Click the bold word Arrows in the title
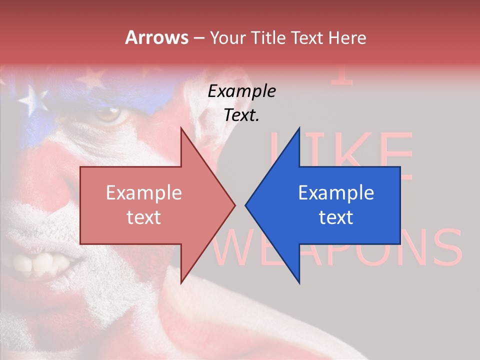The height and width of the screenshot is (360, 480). [156, 37]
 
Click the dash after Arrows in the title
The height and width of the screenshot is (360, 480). [198, 38]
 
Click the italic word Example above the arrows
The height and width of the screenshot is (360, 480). [241, 91]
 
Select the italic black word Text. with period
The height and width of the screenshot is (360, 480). [241, 115]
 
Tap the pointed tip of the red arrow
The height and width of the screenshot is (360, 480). [234, 204]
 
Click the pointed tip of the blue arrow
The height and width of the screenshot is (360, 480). [246, 204]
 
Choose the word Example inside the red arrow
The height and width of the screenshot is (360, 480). [144, 193]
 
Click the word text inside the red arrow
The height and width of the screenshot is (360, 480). [144, 217]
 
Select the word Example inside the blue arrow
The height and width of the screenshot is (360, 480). [336, 193]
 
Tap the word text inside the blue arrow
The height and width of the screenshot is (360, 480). [336, 217]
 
